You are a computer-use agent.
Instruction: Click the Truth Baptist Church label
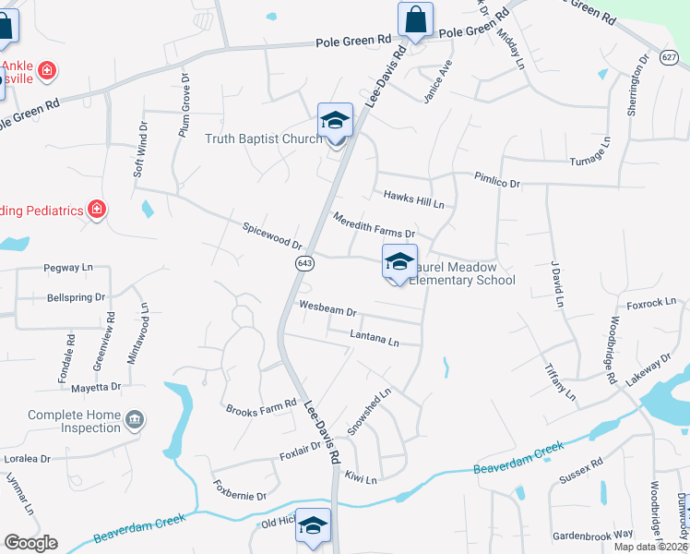(263, 138)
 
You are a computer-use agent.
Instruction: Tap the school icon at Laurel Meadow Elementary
(399, 261)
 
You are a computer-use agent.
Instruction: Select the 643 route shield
(303, 264)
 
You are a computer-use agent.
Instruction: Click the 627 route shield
(670, 57)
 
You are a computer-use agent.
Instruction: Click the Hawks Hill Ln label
(414, 198)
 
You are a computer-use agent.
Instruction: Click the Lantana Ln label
(375, 341)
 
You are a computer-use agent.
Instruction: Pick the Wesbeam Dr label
(327, 310)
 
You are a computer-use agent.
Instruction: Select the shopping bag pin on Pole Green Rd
(415, 19)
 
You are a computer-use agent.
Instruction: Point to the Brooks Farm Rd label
(261, 408)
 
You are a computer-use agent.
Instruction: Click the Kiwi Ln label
(362, 479)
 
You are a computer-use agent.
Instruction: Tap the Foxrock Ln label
(651, 301)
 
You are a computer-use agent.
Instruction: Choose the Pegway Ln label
(69, 267)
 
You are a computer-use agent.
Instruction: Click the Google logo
(30, 543)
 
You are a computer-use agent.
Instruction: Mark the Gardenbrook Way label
(593, 535)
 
